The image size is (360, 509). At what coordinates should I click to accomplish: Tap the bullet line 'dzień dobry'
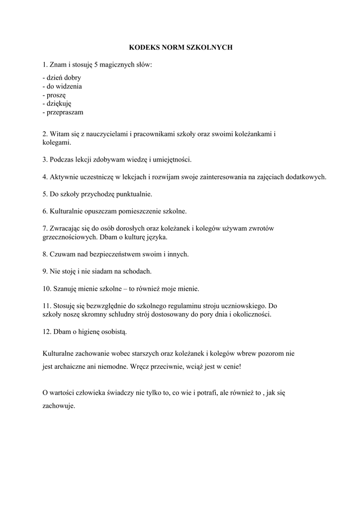[62, 78]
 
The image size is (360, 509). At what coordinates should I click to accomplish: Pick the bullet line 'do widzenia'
[63, 86]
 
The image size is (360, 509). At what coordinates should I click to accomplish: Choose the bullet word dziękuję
[59, 103]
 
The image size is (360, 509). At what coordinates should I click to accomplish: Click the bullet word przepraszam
[65, 112]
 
